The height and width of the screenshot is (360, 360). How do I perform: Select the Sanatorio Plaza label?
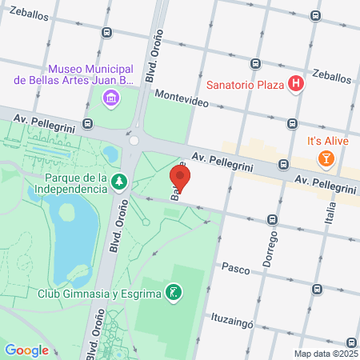click(x=246, y=84)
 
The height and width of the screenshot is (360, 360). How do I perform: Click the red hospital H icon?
click(x=296, y=83)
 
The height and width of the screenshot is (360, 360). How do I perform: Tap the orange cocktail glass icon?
click(x=326, y=158)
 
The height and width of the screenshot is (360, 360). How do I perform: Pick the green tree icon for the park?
click(x=119, y=182)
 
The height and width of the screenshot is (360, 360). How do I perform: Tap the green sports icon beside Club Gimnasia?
click(x=173, y=291)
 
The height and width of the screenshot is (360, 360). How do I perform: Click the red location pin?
click(x=180, y=178)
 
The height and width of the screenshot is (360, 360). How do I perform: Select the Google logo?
click(x=26, y=350)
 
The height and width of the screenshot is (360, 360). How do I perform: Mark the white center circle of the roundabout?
click(x=134, y=140)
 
